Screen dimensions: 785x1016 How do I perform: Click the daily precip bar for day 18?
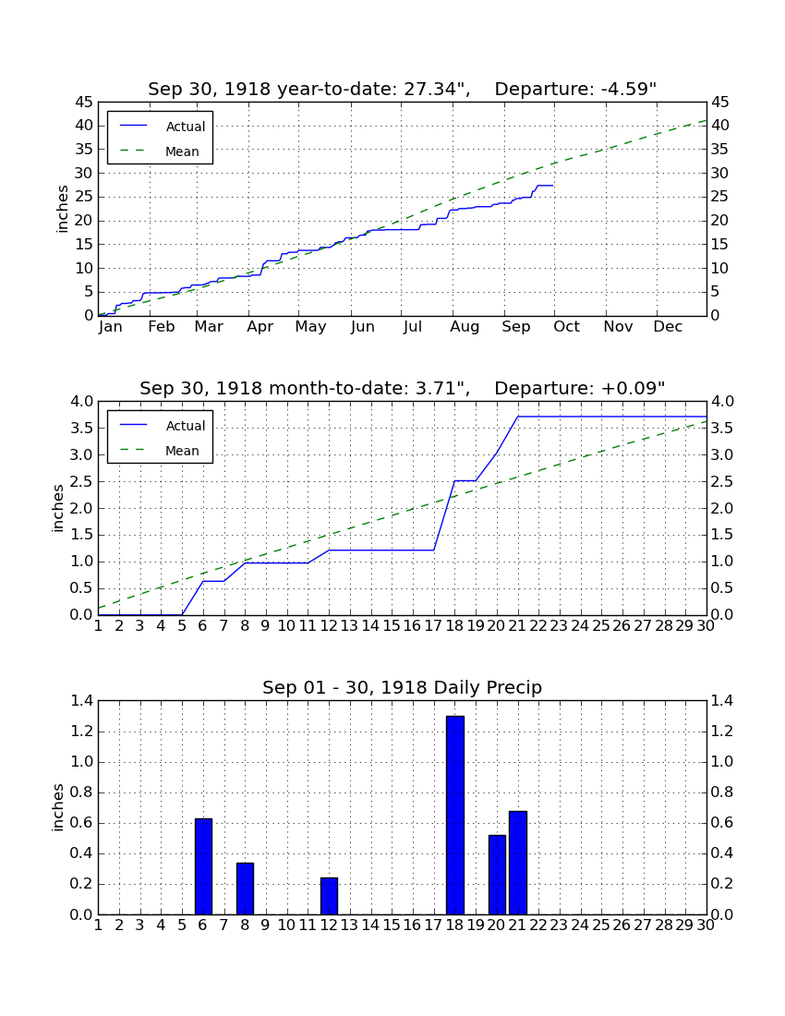point(455,816)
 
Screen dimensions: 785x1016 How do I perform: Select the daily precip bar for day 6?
point(203,866)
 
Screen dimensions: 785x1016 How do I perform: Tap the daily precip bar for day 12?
point(329,896)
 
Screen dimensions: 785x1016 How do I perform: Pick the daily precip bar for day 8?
point(245,889)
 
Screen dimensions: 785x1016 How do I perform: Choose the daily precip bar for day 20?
point(497,875)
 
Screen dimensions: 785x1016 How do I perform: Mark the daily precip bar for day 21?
point(518,863)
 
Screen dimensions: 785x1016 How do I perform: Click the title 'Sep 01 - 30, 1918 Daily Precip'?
point(403,687)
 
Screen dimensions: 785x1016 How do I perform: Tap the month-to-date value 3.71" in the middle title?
point(437,388)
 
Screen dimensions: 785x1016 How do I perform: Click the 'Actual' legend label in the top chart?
point(186,127)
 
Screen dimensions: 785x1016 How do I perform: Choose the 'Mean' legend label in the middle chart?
point(182,451)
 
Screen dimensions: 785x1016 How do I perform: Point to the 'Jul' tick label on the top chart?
point(413,327)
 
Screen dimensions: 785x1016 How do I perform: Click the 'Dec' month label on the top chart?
point(668,327)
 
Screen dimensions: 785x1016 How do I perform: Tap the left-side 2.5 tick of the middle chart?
point(81,481)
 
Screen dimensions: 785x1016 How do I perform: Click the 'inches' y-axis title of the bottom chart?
point(58,807)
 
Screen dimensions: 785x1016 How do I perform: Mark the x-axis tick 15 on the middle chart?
point(392,626)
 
